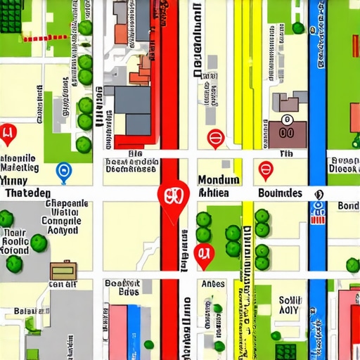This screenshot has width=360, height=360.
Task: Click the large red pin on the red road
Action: [173, 195]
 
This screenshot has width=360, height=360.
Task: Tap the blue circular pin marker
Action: [63, 169]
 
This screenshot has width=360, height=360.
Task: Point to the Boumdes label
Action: [280, 193]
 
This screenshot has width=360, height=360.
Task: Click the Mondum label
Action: [219, 179]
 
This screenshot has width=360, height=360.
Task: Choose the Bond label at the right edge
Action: [348, 206]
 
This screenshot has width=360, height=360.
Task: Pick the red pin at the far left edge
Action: [8, 132]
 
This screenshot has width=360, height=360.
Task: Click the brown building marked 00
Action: [287, 131]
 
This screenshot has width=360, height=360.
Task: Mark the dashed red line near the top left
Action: [46, 38]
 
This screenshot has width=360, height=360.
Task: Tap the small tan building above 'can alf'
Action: [63, 270]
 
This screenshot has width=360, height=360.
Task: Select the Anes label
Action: [213, 283]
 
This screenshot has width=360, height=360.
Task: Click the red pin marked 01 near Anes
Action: [203, 255]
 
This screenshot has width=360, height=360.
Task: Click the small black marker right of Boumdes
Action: [319, 194]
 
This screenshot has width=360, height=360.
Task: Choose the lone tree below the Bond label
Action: [352, 264]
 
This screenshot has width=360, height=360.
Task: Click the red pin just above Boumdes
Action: [265, 169]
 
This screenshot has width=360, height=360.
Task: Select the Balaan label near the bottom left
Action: [32, 310]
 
